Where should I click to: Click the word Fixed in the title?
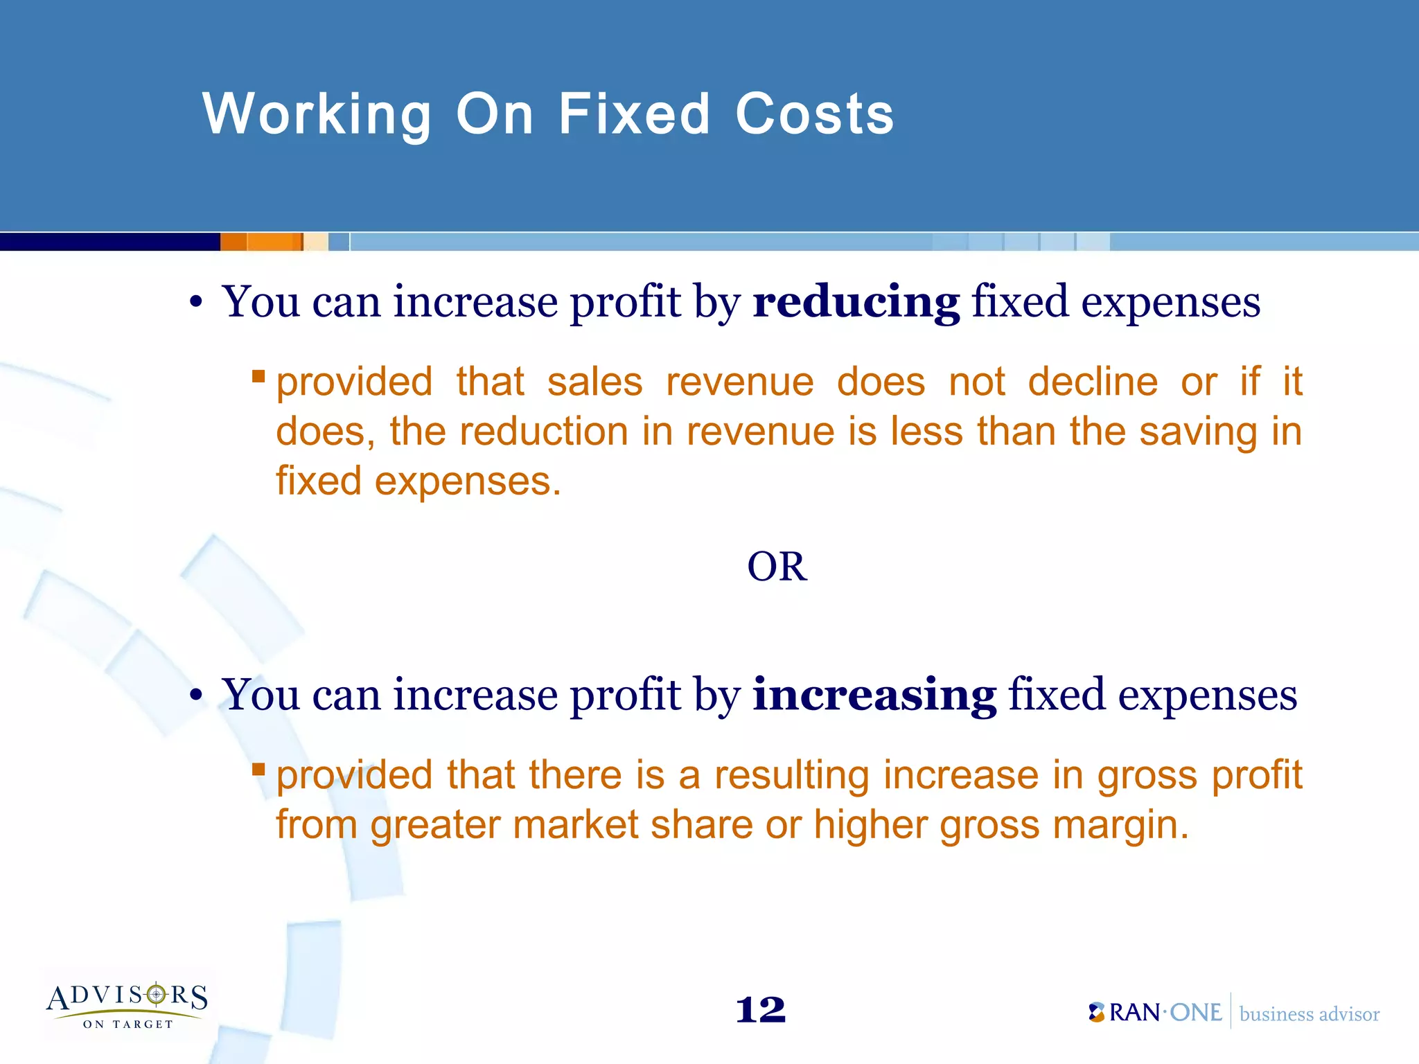634,114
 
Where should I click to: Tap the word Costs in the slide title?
814,114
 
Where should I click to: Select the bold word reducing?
856,303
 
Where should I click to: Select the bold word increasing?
874,695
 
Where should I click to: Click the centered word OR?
777,567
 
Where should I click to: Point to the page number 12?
760,1010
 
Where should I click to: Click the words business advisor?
1309,1014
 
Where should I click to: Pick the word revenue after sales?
739,382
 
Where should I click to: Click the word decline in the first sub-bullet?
1093,382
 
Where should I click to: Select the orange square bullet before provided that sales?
258,376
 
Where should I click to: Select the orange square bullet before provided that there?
258,769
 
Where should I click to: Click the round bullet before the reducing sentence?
197,303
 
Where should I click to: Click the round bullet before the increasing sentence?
197,695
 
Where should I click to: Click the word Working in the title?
317,114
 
